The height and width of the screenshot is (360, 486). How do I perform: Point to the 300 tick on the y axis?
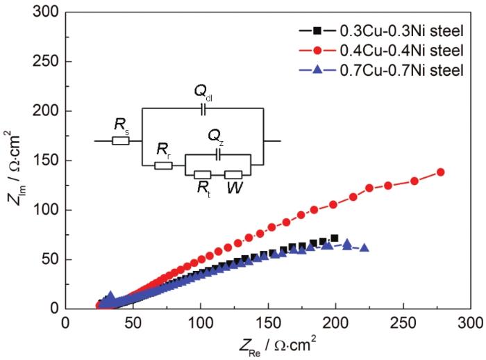pos(45,13)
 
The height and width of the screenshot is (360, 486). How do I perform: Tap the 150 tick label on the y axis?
pos(45,161)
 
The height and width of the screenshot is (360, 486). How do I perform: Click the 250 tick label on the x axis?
pos(403,323)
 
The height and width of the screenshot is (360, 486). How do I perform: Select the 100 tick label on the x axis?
pos(201,323)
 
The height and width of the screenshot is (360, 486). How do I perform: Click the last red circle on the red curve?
pos(440,172)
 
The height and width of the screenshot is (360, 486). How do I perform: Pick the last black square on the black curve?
pos(335,238)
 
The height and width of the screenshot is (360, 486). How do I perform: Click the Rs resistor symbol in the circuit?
pos(121,141)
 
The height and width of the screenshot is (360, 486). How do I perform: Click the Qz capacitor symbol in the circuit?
pos(219,156)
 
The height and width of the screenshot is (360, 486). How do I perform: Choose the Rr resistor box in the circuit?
pos(163,165)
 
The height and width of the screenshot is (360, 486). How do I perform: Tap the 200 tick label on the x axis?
pos(336,323)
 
